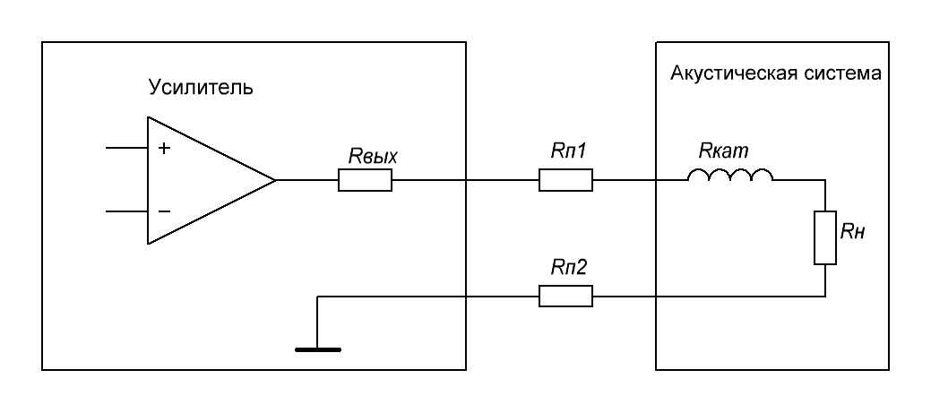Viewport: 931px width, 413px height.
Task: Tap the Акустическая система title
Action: (x=775, y=73)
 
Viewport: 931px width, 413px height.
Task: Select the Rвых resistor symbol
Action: (x=365, y=180)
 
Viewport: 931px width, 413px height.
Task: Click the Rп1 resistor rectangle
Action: (x=565, y=180)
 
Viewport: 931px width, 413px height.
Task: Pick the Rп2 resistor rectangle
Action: (x=565, y=296)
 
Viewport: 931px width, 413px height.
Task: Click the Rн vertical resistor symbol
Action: (x=825, y=237)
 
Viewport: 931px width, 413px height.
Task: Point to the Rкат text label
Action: (x=723, y=151)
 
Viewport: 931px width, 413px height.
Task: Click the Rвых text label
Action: (x=372, y=157)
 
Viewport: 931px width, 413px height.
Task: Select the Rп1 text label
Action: (x=568, y=151)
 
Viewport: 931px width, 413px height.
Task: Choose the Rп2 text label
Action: (x=568, y=268)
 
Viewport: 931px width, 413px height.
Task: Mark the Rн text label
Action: (x=853, y=233)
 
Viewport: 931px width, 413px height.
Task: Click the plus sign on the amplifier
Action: (x=164, y=148)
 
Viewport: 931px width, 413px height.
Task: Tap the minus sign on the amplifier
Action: (x=165, y=211)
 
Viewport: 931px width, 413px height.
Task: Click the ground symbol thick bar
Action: (x=318, y=349)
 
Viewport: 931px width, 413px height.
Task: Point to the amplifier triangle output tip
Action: (x=276, y=180)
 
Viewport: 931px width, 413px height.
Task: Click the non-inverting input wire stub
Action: (x=126, y=148)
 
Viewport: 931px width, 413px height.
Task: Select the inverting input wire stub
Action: (x=126, y=211)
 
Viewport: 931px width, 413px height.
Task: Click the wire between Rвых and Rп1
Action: (x=465, y=180)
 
